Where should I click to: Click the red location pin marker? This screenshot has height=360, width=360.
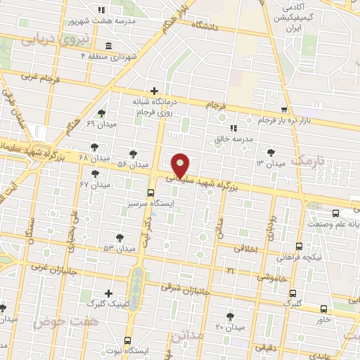pyautogui.click(x=181, y=165)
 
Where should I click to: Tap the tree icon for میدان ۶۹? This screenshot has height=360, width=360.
pyautogui.click(x=102, y=113)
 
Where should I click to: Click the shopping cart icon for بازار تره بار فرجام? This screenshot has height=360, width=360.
pyautogui.click(x=284, y=110)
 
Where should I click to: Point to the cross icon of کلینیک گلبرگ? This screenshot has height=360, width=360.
pyautogui.click(x=108, y=293)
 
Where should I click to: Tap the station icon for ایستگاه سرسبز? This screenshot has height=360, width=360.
pyautogui.click(x=150, y=193)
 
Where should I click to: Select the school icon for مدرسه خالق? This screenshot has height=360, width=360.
pyautogui.click(x=233, y=128)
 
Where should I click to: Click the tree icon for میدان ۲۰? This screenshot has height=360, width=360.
pyautogui.click(x=230, y=316)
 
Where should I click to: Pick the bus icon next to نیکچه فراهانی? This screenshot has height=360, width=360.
pyautogui.click(x=300, y=247)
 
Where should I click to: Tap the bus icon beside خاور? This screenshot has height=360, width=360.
pyautogui.click(x=323, y=308)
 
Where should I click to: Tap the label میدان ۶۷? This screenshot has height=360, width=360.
pyautogui.click(x=95, y=184)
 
